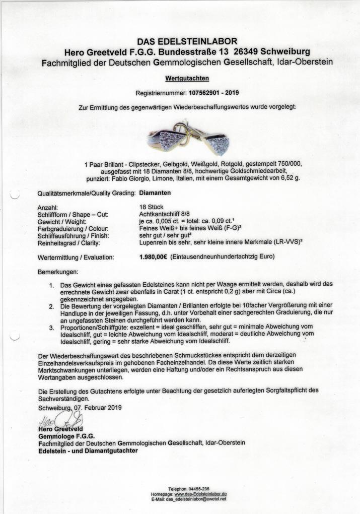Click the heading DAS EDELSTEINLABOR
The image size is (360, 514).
pyautogui.click(x=187, y=41)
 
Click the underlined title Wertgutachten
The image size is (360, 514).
pyautogui.click(x=187, y=79)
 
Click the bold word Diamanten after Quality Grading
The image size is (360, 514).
pyautogui.click(x=156, y=193)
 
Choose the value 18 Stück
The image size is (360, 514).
pyautogui.click(x=152, y=207)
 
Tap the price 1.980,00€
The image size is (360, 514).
pyautogui.click(x=154, y=256)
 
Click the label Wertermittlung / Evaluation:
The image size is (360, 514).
pyautogui.click(x=76, y=257)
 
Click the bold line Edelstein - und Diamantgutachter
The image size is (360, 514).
pyautogui.click(x=88, y=451)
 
